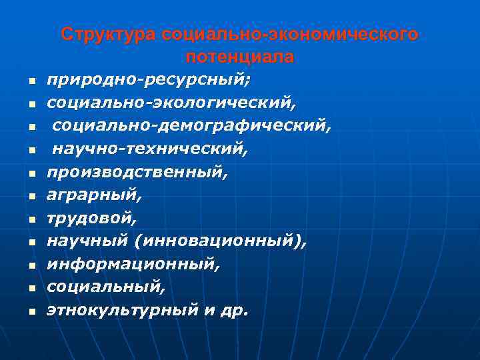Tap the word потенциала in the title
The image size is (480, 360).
point(240,57)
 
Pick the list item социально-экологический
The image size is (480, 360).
point(170,103)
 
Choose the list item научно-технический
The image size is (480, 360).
point(151,149)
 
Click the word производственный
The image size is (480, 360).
point(137,172)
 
